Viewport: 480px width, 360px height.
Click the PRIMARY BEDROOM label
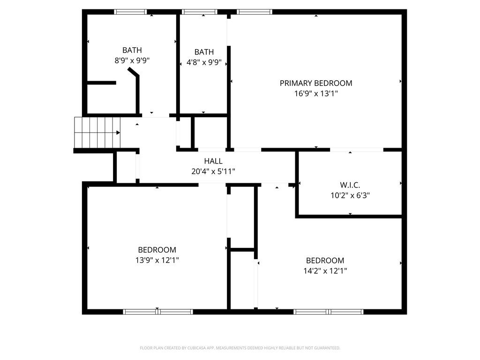[x=315, y=83]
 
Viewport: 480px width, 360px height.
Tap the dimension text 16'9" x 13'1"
[x=315, y=93]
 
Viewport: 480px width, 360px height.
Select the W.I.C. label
[x=350, y=185]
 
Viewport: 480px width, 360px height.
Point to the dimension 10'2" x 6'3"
[x=350, y=195]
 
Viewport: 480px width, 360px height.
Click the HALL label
[x=213, y=161]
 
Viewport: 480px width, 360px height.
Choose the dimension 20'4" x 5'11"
[x=213, y=172]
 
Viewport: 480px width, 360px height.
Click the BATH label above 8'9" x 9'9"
[x=132, y=50]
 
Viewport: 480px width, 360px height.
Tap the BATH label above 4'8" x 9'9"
[x=204, y=52]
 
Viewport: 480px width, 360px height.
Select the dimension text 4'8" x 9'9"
[x=204, y=62]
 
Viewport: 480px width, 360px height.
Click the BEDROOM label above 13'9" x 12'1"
[x=157, y=250]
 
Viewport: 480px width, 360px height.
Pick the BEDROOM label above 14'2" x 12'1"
[x=325, y=261]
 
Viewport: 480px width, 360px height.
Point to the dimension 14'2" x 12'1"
[x=325, y=270]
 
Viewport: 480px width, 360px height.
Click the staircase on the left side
[x=97, y=132]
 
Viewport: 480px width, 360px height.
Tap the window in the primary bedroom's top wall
[x=255, y=12]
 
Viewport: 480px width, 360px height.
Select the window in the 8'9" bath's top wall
[x=131, y=12]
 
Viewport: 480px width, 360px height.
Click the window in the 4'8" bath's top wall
[x=199, y=12]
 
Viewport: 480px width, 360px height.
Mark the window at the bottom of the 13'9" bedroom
[x=158, y=312]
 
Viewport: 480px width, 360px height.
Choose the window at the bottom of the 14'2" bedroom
[x=329, y=312]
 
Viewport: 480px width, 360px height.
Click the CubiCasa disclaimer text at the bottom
[x=240, y=348]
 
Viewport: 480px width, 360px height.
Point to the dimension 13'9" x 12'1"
[x=157, y=260]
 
